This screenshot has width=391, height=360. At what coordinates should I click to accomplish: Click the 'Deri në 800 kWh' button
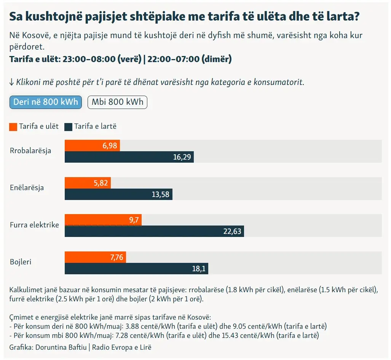pos(46,102)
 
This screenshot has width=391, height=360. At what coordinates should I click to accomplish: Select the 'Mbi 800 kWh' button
pos(117,102)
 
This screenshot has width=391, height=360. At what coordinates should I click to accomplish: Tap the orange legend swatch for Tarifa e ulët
pos(13,126)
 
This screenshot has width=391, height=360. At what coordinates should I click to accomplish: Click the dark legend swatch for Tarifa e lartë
pos(69,126)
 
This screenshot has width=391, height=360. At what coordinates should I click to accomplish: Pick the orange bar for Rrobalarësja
pos(92,146)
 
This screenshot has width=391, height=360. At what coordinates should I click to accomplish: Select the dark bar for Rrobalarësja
pos(129,157)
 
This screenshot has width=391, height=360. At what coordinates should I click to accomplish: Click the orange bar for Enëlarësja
pos(88,183)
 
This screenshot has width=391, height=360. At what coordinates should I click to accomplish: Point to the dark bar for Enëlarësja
pos(118,194)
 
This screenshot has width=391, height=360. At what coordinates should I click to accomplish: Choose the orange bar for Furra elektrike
pos(103,220)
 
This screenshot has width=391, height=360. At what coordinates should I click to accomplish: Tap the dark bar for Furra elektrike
pos(154,231)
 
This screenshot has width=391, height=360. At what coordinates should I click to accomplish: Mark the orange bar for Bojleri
pos(95,257)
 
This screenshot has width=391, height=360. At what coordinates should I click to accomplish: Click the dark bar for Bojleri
pos(136,269)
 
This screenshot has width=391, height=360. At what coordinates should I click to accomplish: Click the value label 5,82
pos(101,183)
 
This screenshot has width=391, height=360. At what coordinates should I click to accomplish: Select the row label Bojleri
pos(21,262)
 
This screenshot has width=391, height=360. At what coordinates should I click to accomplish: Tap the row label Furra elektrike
pos(34,225)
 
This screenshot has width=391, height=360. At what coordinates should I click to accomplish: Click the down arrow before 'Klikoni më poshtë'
pos(12,82)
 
